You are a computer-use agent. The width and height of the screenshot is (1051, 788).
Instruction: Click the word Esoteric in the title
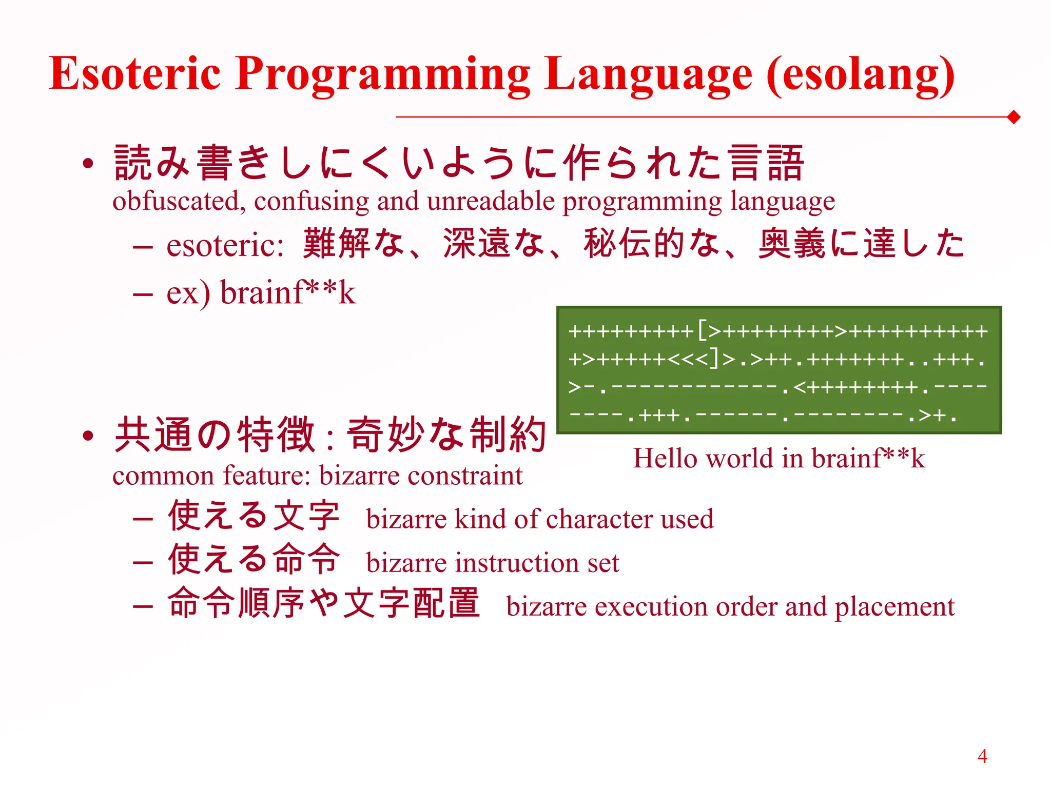point(134,73)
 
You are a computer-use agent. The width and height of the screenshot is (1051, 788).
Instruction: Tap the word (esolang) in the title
point(860,76)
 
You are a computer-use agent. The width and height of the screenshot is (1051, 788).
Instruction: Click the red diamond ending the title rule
point(1014,117)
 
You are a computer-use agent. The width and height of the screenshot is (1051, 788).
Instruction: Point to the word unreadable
point(491,201)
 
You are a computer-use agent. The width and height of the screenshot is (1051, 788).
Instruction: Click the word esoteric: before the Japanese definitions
point(225,245)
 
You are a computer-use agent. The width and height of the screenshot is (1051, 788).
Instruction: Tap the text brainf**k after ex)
point(288,293)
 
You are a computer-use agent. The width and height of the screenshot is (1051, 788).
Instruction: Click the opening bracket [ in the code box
point(702,330)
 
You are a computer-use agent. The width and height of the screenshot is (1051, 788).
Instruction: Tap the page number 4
point(982,756)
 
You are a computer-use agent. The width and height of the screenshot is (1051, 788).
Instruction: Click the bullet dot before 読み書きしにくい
point(88,164)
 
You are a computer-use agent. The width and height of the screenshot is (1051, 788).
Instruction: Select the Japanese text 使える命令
point(254,559)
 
